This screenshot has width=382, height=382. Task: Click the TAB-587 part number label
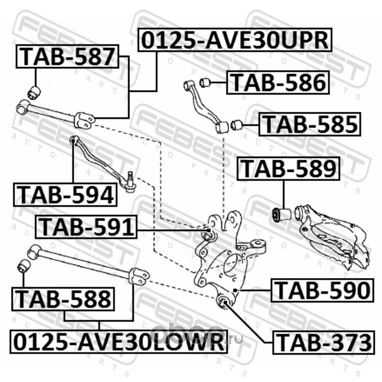click(x=67, y=56)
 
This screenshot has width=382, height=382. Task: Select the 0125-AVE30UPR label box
click(x=235, y=40)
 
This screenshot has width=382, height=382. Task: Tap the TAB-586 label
click(x=278, y=82)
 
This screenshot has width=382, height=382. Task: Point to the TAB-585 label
click(x=309, y=124)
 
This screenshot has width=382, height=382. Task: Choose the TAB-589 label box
click(x=288, y=169)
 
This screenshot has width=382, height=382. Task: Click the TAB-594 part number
click(x=65, y=195)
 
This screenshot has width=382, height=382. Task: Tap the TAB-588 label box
click(x=63, y=299)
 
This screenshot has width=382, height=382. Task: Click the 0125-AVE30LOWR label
click(x=118, y=341)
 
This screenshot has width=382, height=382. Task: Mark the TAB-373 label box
click(x=324, y=342)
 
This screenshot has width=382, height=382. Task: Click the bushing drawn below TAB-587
click(x=34, y=93)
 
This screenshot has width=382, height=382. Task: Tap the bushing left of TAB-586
click(x=205, y=82)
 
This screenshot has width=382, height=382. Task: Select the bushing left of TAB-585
click(x=236, y=125)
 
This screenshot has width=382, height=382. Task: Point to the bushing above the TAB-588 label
click(x=24, y=266)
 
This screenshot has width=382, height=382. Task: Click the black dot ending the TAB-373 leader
click(x=225, y=302)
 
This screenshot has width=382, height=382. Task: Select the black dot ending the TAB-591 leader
click(x=209, y=230)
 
